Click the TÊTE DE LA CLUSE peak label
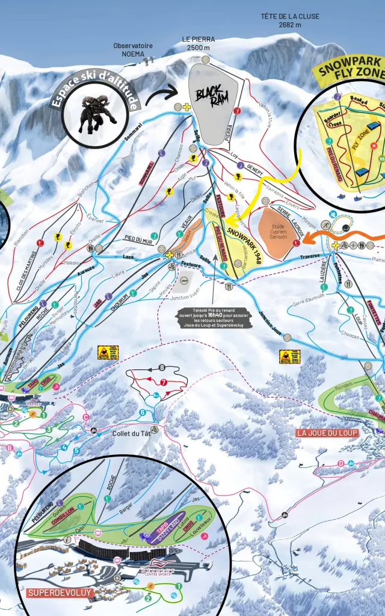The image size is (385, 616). pyautogui.click(x=289, y=20)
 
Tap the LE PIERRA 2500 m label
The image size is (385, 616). pyautogui.click(x=198, y=43)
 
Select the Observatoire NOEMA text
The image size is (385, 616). pyautogui.click(x=132, y=49)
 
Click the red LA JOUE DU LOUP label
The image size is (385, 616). pyautogui.click(x=327, y=433)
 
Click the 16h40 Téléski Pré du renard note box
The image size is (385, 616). pyautogui.click(x=215, y=318)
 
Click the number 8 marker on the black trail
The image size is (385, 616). pyautogui.click(x=162, y=368)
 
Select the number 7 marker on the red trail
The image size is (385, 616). pyautogui.click(x=163, y=382)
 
